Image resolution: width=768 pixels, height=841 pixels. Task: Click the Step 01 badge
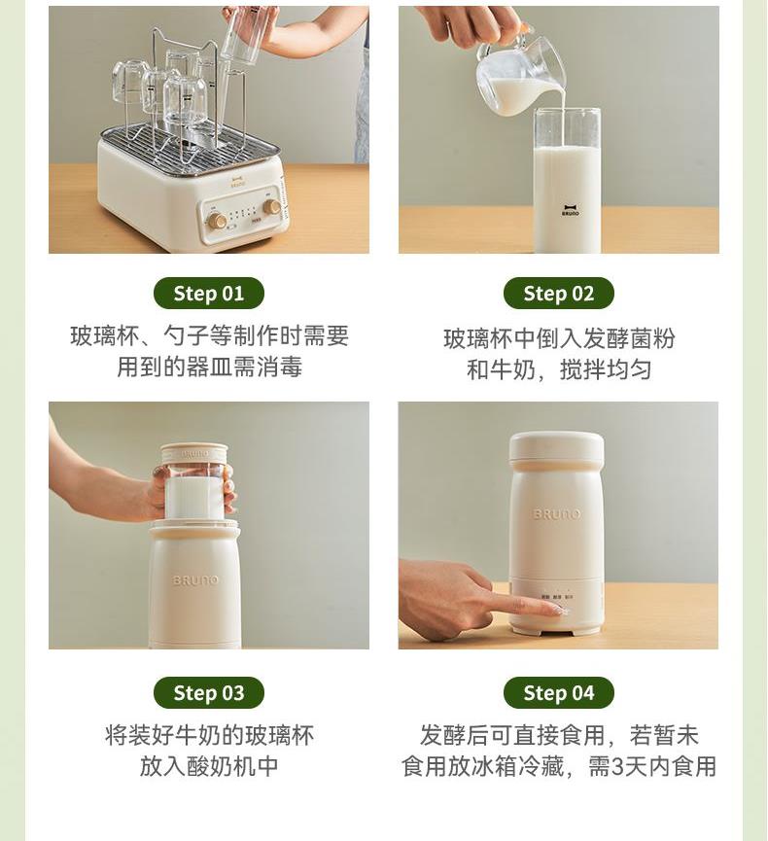(209, 294)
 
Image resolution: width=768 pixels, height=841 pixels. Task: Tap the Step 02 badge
(558, 294)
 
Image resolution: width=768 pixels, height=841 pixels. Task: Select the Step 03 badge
(209, 693)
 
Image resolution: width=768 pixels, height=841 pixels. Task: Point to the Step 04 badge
(558, 693)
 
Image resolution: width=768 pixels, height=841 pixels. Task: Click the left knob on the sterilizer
(217, 220)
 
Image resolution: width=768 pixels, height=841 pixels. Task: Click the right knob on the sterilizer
(271, 206)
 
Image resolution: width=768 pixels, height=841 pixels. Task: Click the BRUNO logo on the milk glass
(570, 210)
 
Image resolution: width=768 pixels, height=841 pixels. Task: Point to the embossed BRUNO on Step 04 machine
(556, 514)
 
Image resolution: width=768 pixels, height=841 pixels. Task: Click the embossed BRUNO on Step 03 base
(195, 580)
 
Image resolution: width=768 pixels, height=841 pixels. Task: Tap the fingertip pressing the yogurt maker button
(557, 610)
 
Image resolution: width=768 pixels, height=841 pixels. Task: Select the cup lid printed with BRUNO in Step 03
(194, 454)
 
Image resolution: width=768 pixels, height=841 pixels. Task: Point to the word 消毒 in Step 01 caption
(279, 368)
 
